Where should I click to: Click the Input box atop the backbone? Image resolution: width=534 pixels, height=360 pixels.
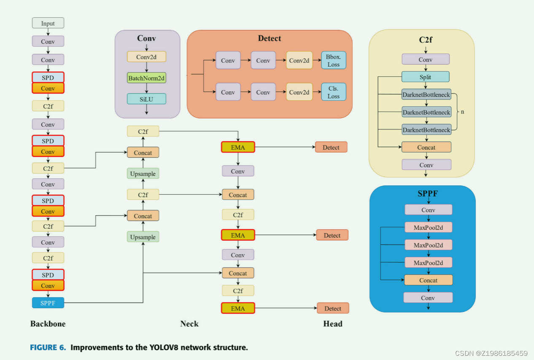point(48,23)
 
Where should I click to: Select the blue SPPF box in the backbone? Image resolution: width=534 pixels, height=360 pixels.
point(48,303)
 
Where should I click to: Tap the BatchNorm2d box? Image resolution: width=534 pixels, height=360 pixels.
point(146,78)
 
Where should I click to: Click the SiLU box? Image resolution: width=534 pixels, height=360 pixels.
point(146,99)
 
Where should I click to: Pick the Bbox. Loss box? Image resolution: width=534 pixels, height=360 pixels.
point(333,61)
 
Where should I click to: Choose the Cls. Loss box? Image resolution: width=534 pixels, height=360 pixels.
point(333,92)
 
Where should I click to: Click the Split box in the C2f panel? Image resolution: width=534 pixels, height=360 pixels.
point(425,77)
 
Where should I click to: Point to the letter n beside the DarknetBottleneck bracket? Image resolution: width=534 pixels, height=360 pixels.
point(462,112)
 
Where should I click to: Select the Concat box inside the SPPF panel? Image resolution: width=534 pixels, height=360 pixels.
point(428,280)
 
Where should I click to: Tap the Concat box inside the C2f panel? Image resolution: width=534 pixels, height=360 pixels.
point(426,147)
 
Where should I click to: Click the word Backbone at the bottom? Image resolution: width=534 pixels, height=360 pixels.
point(48,324)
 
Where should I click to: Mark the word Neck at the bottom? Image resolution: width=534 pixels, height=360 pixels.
point(189,324)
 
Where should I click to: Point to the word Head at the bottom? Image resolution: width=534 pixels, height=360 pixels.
point(333,324)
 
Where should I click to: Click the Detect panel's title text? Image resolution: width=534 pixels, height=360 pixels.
point(270,38)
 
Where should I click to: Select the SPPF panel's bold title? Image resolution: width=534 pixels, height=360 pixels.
point(428,194)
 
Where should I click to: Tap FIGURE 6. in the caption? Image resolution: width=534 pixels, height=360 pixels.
point(48,348)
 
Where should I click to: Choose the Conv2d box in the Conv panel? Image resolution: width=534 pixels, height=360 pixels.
point(146,57)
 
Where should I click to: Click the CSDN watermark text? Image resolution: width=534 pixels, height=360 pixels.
point(491,353)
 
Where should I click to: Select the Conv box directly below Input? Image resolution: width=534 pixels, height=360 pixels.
point(48,41)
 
